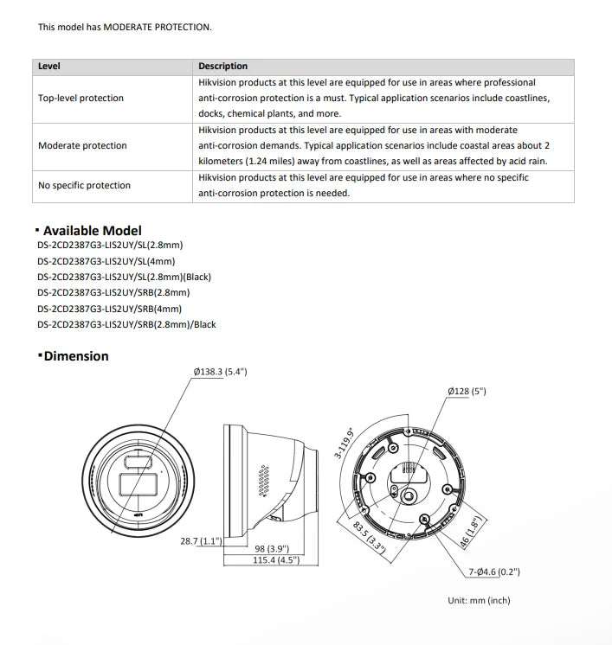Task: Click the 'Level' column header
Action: (x=49, y=67)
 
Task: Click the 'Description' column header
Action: (x=222, y=67)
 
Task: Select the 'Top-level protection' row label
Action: (x=81, y=99)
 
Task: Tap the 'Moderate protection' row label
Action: (x=82, y=145)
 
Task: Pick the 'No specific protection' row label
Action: (x=84, y=186)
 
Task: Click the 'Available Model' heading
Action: (x=92, y=231)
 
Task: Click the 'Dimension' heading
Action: (x=76, y=356)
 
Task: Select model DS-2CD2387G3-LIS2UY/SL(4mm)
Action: (x=106, y=261)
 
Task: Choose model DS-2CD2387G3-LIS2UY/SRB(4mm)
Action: (x=110, y=309)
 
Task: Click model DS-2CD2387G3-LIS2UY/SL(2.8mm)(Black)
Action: (x=125, y=277)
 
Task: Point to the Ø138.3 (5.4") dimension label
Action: (x=220, y=372)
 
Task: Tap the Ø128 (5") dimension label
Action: (x=467, y=392)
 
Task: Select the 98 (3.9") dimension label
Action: (x=272, y=549)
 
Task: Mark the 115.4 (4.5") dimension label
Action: (x=275, y=561)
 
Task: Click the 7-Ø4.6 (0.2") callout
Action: (x=493, y=572)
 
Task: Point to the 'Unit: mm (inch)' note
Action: (x=479, y=600)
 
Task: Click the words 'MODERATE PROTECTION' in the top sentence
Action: (x=157, y=28)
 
